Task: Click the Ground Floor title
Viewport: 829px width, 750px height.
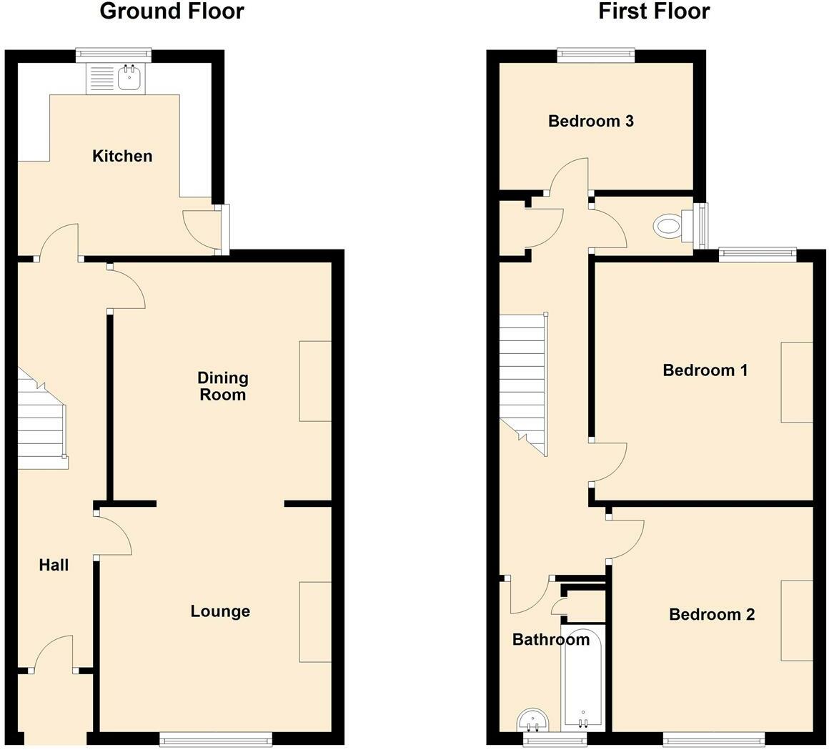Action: (x=172, y=11)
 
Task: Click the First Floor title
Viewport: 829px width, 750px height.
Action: (x=654, y=11)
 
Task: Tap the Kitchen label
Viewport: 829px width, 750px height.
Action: (x=122, y=156)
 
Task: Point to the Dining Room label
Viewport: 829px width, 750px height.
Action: (x=222, y=386)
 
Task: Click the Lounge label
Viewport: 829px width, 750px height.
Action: (x=220, y=611)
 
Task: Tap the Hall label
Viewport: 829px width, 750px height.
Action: (x=54, y=566)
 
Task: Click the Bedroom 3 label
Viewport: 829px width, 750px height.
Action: (x=591, y=121)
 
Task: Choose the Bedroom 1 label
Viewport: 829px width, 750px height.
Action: (x=705, y=370)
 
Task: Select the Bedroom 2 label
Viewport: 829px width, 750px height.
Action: (x=712, y=615)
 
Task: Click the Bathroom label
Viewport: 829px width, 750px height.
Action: (x=551, y=640)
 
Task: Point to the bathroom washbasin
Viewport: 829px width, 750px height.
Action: (x=533, y=719)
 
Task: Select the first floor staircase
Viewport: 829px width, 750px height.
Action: (x=522, y=379)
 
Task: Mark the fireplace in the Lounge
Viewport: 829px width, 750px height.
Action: (x=315, y=621)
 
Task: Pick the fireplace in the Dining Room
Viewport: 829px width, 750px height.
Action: (x=315, y=381)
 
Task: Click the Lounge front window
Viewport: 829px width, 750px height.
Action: (x=216, y=740)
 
